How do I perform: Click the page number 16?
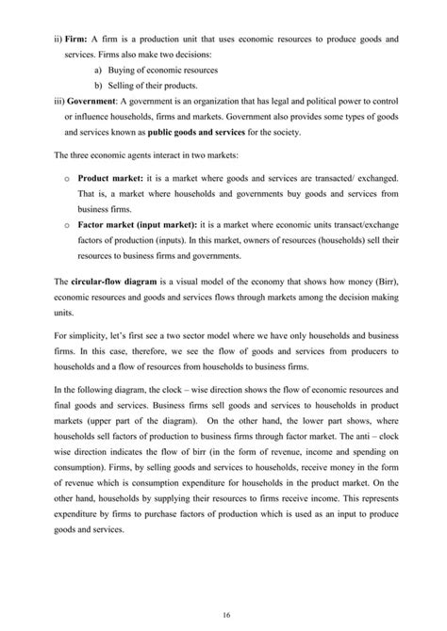click(x=223, y=613)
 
